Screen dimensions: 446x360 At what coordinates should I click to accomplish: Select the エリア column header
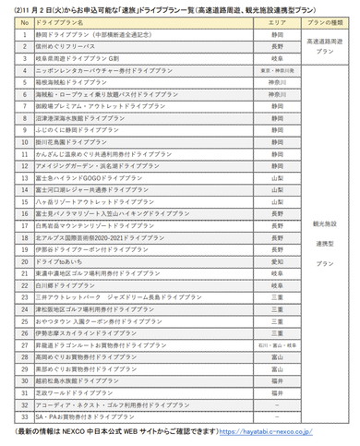point(277,20)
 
